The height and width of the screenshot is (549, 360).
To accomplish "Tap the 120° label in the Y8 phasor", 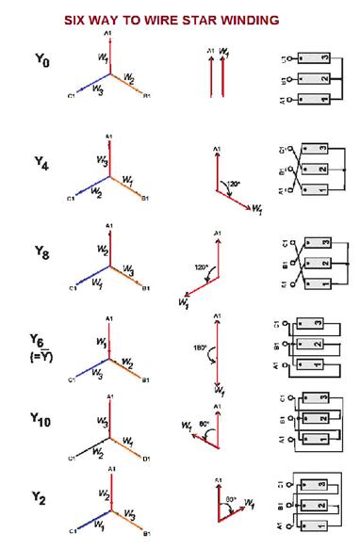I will (200, 267).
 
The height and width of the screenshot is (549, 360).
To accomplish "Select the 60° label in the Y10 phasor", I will (203, 423).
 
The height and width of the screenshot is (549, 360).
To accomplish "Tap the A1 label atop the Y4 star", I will (110, 137).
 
